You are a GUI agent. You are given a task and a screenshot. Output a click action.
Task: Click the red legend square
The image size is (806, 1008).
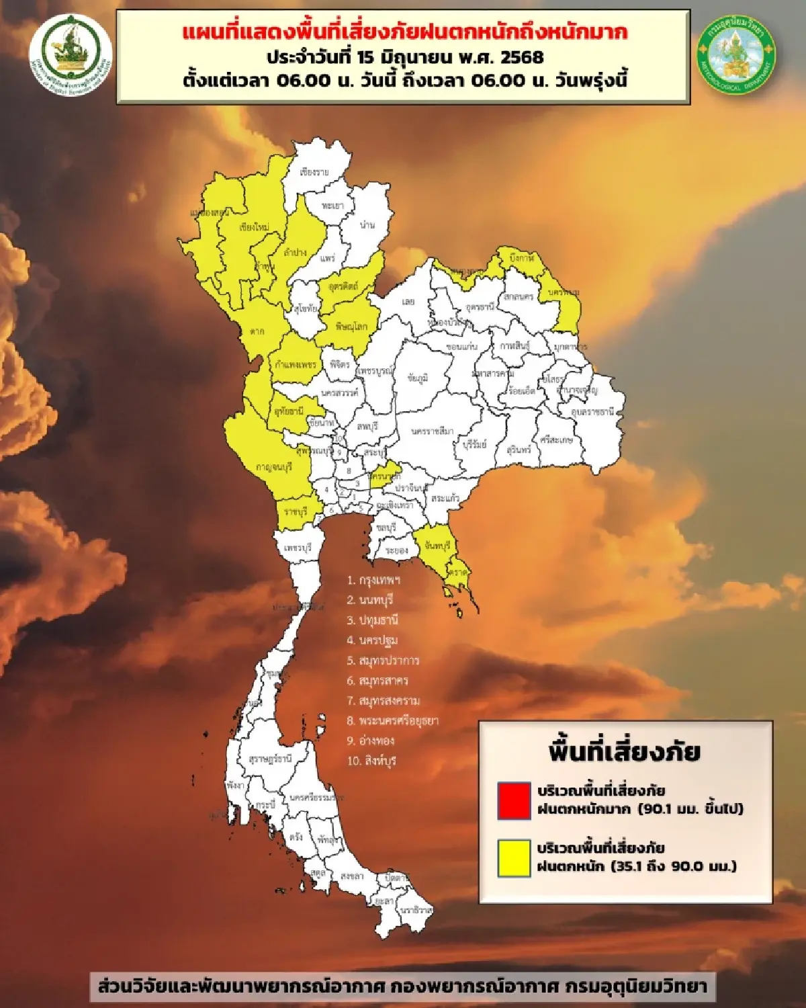pyautogui.click(x=514, y=800)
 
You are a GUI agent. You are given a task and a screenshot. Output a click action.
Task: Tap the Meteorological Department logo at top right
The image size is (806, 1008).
pyautogui.click(x=736, y=54)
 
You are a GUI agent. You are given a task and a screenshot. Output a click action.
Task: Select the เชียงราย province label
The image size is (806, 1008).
pyautogui.click(x=314, y=172)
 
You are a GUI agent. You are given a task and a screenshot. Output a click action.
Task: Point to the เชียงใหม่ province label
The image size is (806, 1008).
pyautogui.click(x=254, y=227)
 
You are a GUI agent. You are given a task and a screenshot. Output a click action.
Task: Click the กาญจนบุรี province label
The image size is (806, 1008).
pyautogui.click(x=274, y=467)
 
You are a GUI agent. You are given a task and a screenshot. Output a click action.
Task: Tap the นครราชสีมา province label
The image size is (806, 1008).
pyautogui.click(x=432, y=431)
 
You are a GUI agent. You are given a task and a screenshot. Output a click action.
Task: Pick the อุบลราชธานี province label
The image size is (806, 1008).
pyautogui.click(x=592, y=411)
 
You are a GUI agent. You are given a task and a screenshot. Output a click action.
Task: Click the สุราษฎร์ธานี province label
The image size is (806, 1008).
pyautogui.click(x=270, y=759)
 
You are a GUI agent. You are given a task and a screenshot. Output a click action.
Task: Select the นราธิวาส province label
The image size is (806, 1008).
pyautogui.click(x=416, y=909)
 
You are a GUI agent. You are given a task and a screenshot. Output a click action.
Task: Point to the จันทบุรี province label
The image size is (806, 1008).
pyautogui.click(x=437, y=546)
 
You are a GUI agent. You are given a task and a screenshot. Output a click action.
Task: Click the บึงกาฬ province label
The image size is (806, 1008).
pyautogui.click(x=522, y=258)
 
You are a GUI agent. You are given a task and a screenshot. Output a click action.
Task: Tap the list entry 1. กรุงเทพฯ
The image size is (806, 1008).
pyautogui.click(x=373, y=580)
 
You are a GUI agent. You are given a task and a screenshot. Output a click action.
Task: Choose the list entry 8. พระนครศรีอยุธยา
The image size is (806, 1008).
pyautogui.click(x=392, y=720)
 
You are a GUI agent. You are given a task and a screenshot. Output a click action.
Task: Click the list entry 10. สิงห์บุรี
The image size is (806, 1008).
pyautogui.click(x=371, y=761)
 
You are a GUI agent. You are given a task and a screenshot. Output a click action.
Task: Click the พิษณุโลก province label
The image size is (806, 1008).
pyautogui.click(x=351, y=327)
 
